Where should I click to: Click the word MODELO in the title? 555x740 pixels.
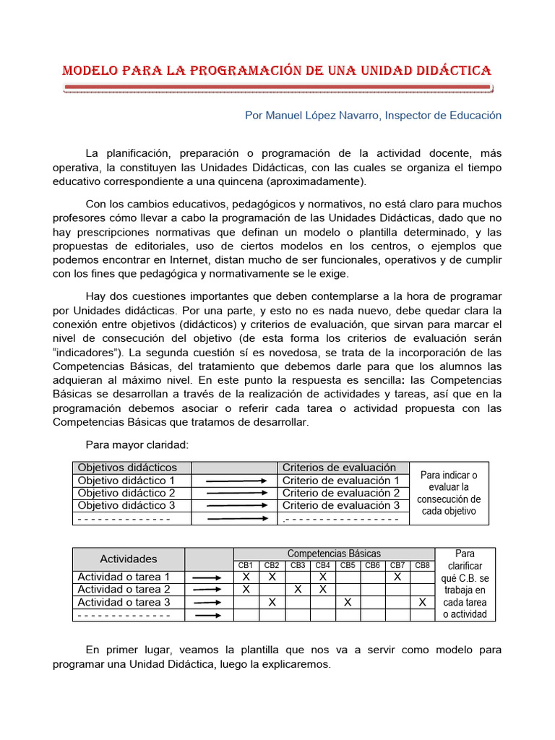[88, 71]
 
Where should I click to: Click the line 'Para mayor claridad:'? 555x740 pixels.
[137, 444]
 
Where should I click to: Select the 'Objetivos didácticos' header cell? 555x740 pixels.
[127, 468]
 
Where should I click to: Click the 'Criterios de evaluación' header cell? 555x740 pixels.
[339, 468]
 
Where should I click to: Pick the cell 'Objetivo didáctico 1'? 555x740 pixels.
[126, 481]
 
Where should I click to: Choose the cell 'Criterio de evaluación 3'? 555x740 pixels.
[340, 506]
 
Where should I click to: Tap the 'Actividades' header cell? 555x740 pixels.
[128, 559]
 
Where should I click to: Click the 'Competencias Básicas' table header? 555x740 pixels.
[334, 554]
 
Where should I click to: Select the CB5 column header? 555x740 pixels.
[348, 565]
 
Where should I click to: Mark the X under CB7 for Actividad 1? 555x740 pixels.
[397, 577]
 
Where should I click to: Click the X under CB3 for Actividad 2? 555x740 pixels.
[298, 590]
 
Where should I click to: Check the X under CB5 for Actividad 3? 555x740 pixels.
[348, 602]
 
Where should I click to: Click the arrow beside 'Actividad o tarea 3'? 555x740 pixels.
[208, 602]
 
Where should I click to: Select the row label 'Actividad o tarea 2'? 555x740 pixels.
[124, 590]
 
